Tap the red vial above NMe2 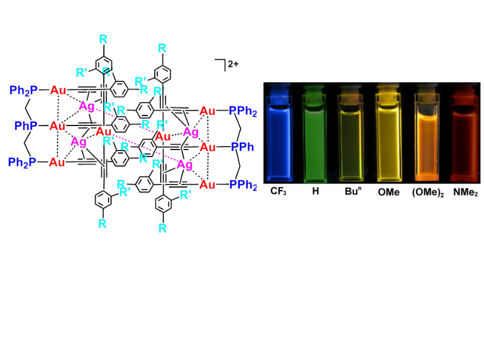(x=464, y=134)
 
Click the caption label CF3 (x=278, y=191)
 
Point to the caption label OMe (x=388, y=192)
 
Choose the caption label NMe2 (x=465, y=192)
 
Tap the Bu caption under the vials (x=353, y=191)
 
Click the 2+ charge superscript (x=233, y=64)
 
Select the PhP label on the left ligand (x=26, y=126)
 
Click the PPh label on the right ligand (x=243, y=147)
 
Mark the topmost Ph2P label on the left (x=23, y=90)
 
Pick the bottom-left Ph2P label (x=22, y=162)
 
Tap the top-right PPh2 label (x=243, y=111)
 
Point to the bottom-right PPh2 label (x=243, y=185)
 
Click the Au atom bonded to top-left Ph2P (x=58, y=90)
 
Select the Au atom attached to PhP (x=57, y=126)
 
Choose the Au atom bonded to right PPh (x=208, y=147)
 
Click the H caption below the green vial (x=315, y=191)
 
